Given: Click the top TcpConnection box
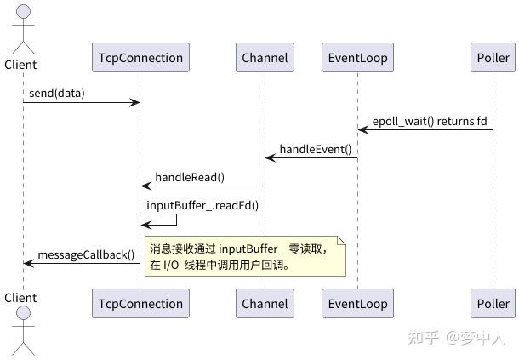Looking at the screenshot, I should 140,58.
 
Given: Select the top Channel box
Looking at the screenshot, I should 265,58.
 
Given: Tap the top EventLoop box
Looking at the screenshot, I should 357,58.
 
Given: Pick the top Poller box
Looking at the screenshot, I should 493,58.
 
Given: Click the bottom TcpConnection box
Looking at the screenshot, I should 140,303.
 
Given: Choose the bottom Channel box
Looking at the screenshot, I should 265,303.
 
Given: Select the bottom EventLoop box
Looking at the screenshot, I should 357,303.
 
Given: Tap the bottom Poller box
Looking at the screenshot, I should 493,303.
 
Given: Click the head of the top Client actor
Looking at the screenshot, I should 23,12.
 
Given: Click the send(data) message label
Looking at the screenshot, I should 57,92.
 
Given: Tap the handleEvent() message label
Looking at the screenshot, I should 315,148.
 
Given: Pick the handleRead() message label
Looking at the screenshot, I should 190,176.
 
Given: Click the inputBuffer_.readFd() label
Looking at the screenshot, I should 202,204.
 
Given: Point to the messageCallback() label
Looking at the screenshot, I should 85,254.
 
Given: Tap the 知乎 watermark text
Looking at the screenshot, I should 423,338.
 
